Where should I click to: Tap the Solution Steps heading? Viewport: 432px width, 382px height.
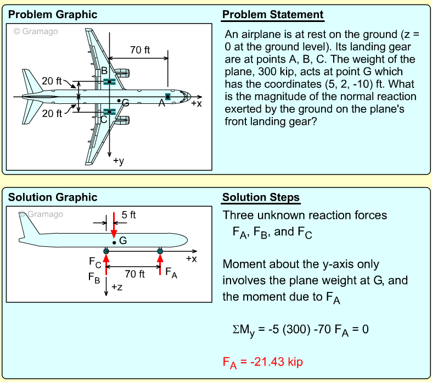point(261,197)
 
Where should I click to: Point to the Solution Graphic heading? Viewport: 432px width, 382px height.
point(53,197)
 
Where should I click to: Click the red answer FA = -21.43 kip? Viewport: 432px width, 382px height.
point(262,362)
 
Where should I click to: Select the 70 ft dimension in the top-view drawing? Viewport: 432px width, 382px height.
point(139,50)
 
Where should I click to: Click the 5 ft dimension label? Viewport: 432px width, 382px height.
point(128,215)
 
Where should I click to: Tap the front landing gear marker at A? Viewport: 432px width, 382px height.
point(168,97)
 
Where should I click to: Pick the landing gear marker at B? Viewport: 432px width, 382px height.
point(109,82)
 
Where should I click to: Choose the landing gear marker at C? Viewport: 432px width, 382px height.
point(109,112)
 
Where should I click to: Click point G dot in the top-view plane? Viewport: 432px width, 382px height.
point(119,101)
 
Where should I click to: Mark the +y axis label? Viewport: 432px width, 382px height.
point(119,161)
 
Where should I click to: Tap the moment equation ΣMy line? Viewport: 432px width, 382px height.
point(300,330)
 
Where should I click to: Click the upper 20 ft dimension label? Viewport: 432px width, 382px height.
point(52,81)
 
